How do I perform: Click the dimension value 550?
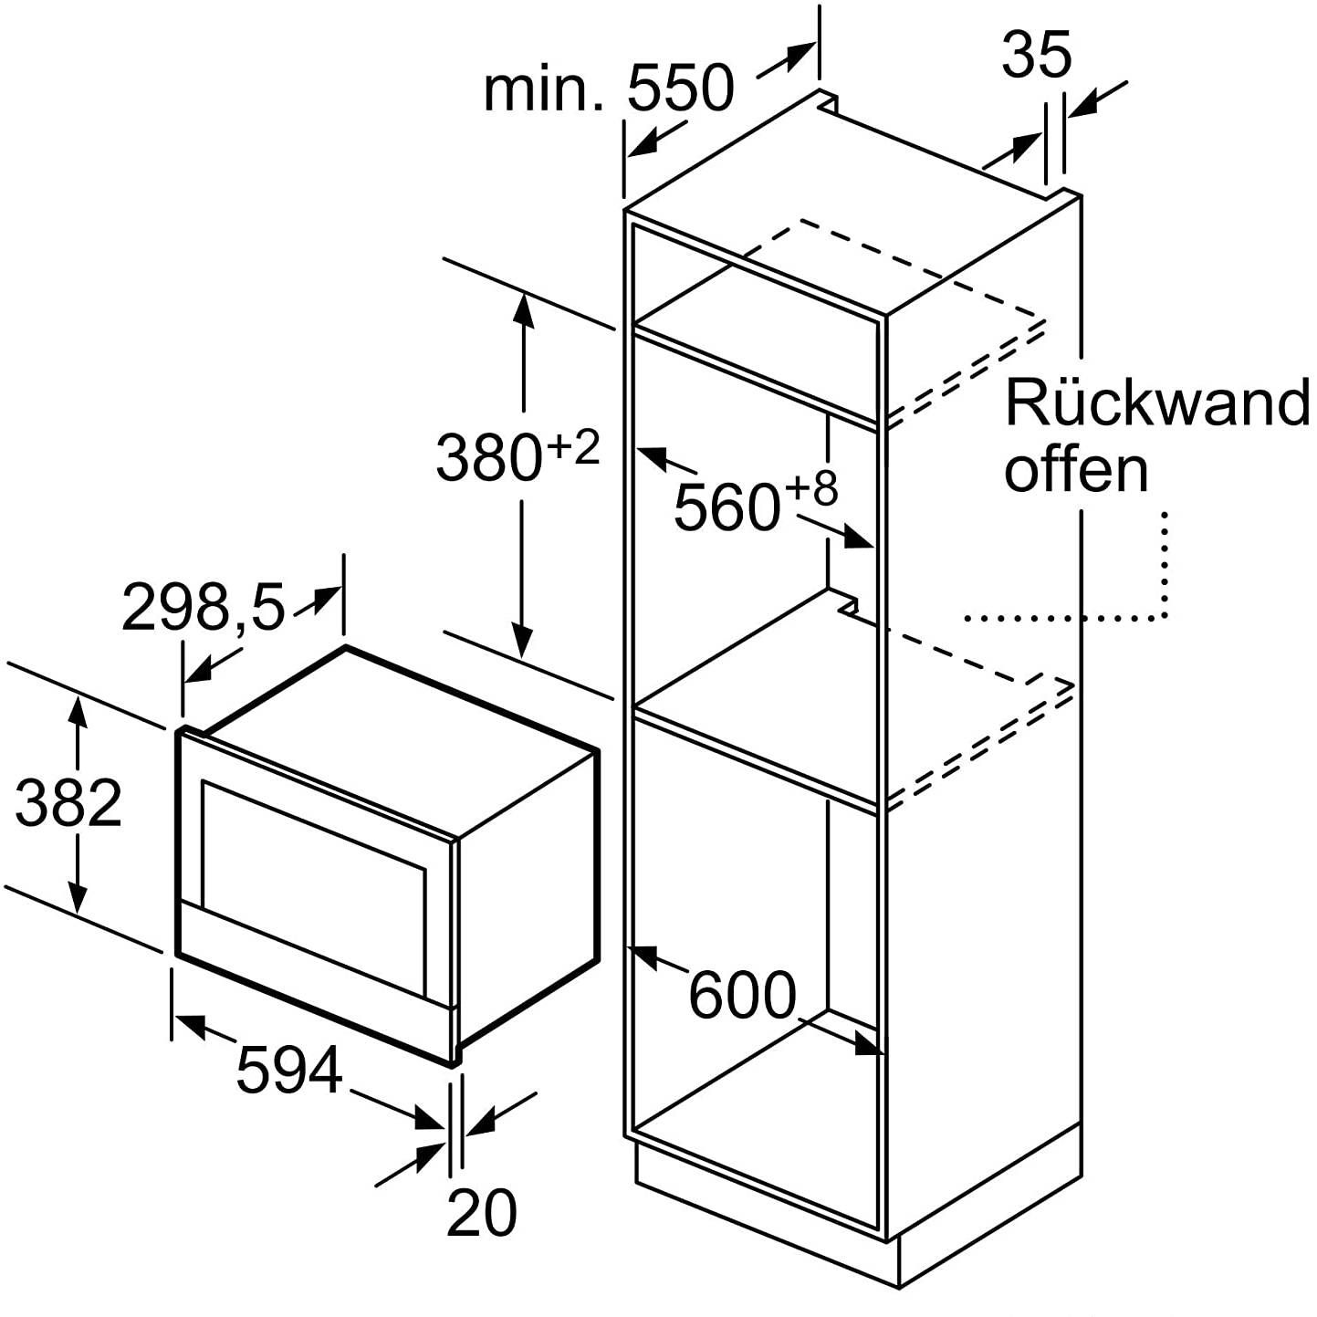click(680, 89)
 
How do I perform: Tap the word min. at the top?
click(543, 89)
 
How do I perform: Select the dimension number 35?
click(1036, 54)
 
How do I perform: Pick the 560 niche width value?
click(726, 507)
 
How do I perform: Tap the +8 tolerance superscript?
click(811, 489)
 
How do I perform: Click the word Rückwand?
click(1157, 402)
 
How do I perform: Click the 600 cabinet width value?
click(742, 995)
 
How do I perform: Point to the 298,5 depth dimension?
click(204, 607)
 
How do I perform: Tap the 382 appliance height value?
click(68, 802)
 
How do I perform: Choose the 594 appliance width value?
click(289, 1069)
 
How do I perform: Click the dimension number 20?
click(481, 1213)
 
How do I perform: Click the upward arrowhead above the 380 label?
click(523, 308)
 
